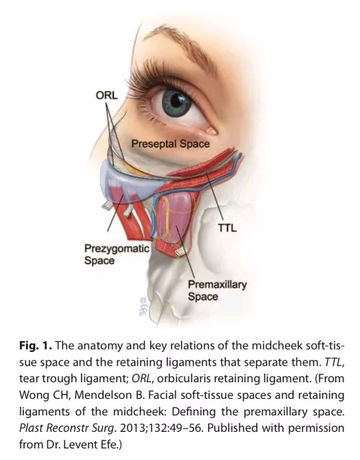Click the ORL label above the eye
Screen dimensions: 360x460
coord(107,95)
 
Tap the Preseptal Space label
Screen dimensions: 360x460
coord(171,144)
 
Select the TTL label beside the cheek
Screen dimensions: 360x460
coord(227,227)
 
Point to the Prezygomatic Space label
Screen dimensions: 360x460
coord(117,254)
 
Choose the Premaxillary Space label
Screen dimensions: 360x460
coord(217,290)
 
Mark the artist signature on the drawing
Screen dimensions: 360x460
coord(143,306)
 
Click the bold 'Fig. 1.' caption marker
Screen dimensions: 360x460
coord(36,346)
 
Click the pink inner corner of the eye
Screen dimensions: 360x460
coord(212,130)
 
